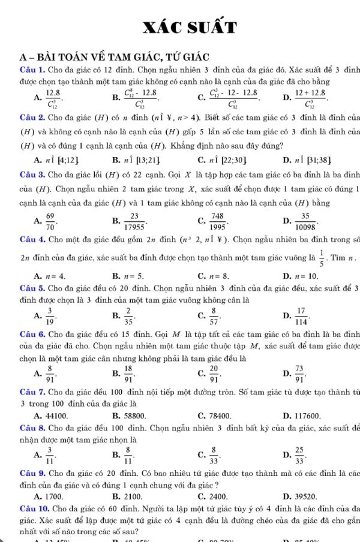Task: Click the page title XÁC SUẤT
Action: tap(180, 26)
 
